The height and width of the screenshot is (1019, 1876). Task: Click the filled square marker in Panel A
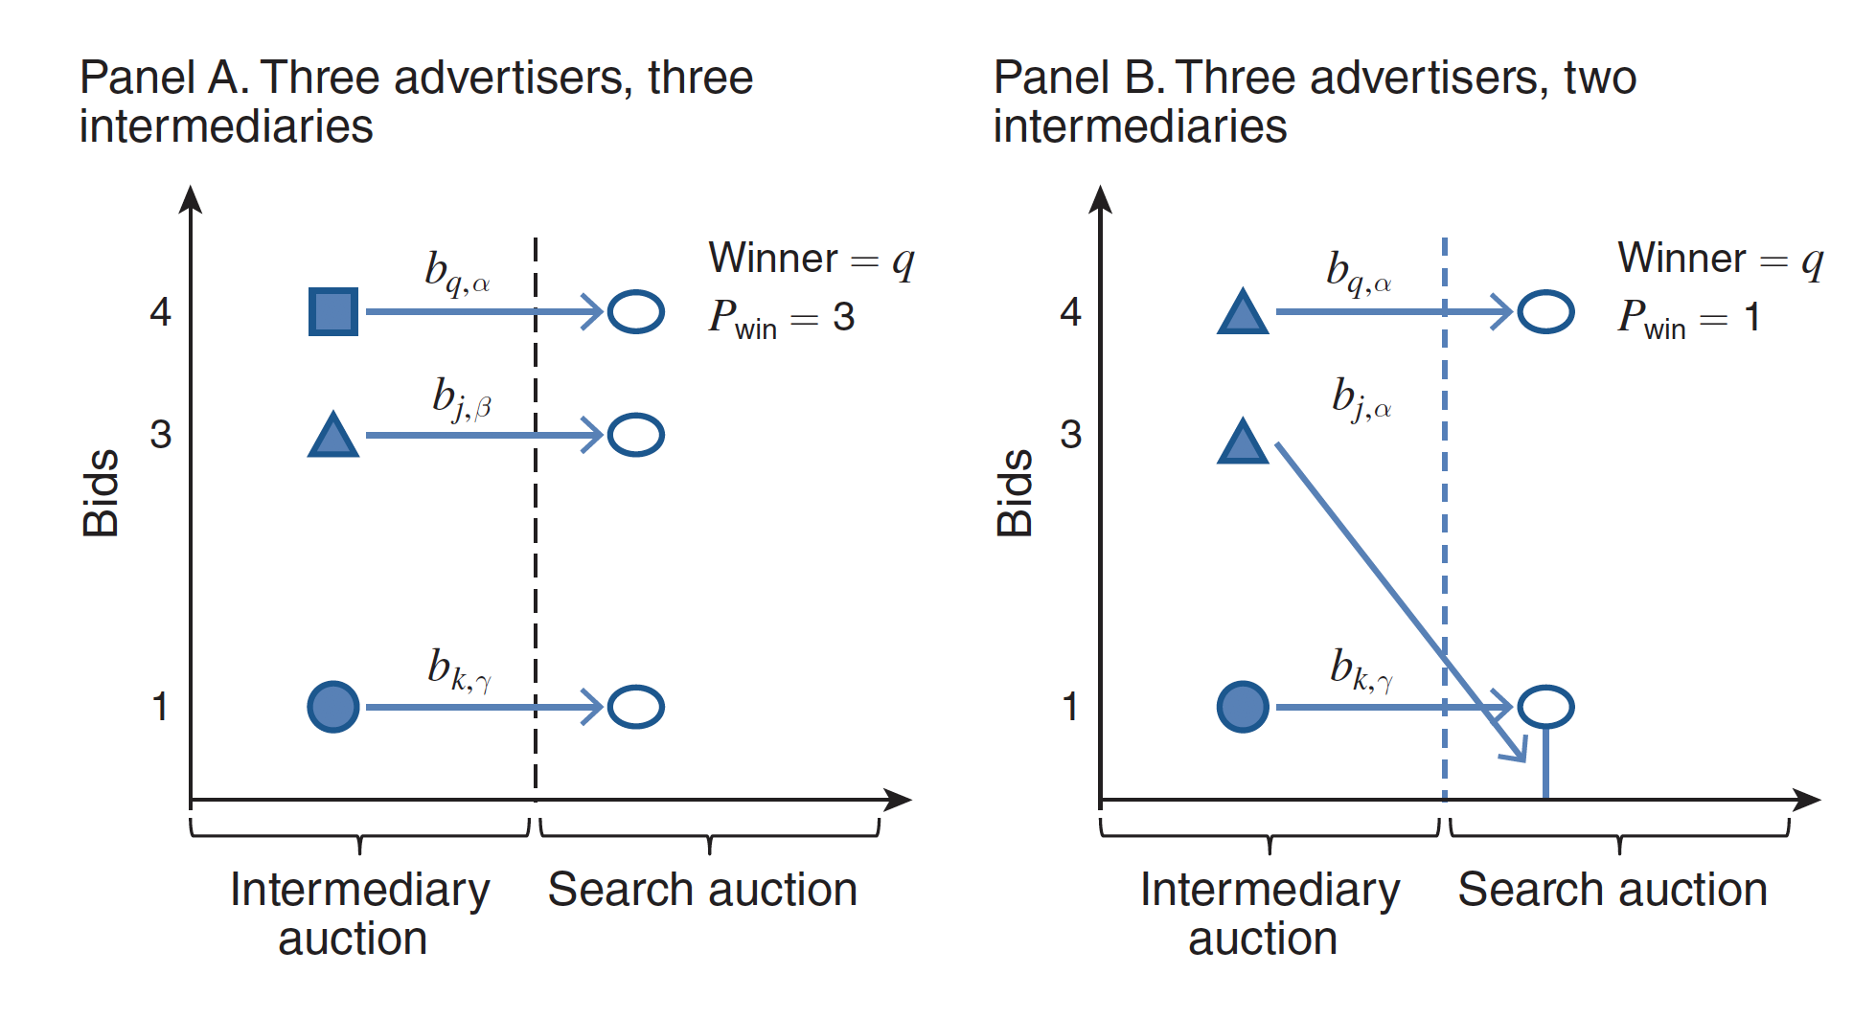click(x=333, y=311)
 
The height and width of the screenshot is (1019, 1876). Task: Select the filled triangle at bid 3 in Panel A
click(x=333, y=437)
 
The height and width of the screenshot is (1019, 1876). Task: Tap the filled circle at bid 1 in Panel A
click(x=333, y=707)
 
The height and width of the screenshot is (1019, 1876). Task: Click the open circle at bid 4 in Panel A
click(x=636, y=311)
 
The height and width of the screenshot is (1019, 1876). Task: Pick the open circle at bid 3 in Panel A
click(x=636, y=435)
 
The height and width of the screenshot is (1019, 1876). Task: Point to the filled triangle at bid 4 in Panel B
click(x=1243, y=313)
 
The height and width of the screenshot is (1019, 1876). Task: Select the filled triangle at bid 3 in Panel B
click(x=1243, y=443)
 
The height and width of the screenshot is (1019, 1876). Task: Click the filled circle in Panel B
click(x=1243, y=707)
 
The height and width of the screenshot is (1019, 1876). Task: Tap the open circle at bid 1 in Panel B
click(x=1545, y=707)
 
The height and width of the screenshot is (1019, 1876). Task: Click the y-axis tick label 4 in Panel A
click(x=160, y=312)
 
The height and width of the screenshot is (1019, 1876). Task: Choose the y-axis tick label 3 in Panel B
click(x=1070, y=435)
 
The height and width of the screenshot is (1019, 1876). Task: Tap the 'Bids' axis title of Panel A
click(x=101, y=492)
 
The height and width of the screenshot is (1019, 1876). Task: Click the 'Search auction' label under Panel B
click(x=1613, y=890)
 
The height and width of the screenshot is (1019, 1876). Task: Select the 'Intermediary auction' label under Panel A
click(x=358, y=914)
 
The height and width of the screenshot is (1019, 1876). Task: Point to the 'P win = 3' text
click(x=781, y=317)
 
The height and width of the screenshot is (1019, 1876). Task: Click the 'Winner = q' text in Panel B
click(x=1720, y=259)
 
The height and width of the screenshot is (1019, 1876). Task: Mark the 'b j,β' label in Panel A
click(x=461, y=398)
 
